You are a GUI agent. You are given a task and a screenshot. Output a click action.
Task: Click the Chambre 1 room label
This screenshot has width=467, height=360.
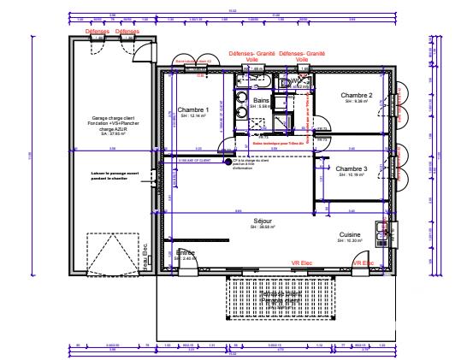coord(193,110)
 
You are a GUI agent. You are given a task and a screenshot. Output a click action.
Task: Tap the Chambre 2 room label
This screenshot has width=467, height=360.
coord(355,96)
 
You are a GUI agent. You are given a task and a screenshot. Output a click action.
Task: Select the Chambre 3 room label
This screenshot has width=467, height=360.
coord(352,168)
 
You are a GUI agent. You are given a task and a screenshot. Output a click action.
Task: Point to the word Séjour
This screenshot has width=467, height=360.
coord(263,221)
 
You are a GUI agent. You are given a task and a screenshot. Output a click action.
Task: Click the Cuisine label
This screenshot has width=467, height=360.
coord(349,234)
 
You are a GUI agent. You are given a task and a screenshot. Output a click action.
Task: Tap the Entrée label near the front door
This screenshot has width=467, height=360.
coord(186,252)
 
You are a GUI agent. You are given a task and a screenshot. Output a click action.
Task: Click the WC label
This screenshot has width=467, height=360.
coord(296,82)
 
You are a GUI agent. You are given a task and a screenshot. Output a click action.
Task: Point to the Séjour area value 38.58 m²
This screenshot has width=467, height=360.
coord(263,227)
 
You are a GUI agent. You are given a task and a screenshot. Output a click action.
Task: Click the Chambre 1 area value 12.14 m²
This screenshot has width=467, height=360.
coord(193,116)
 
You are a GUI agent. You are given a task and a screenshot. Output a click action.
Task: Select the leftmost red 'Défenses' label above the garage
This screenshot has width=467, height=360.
coord(98,31)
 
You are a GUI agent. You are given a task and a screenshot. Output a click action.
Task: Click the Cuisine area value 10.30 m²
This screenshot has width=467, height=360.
coord(349,240)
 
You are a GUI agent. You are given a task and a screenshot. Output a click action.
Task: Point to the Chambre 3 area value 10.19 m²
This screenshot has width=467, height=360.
coord(352,174)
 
